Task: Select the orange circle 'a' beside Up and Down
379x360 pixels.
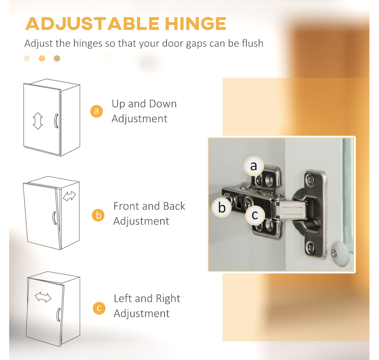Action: click(x=96, y=111)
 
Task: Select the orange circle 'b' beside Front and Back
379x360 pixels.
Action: click(x=98, y=215)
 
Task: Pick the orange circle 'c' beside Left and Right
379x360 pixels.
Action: click(x=99, y=308)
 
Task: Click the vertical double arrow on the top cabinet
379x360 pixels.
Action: click(x=38, y=121)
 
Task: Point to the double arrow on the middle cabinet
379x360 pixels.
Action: click(x=70, y=196)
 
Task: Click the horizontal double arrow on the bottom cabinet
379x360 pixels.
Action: click(x=43, y=297)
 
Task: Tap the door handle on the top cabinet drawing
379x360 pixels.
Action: click(x=56, y=121)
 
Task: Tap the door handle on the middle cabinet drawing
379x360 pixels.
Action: click(x=54, y=218)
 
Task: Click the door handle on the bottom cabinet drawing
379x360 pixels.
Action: click(x=59, y=315)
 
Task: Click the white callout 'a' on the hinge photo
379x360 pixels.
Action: click(x=254, y=166)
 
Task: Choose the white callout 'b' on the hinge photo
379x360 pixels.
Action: click(x=222, y=207)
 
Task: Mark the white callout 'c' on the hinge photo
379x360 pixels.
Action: click(x=255, y=216)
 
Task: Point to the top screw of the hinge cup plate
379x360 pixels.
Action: click(x=311, y=179)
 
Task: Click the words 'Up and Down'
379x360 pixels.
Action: click(x=144, y=104)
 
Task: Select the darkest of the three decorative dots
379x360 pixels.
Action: click(x=57, y=59)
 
